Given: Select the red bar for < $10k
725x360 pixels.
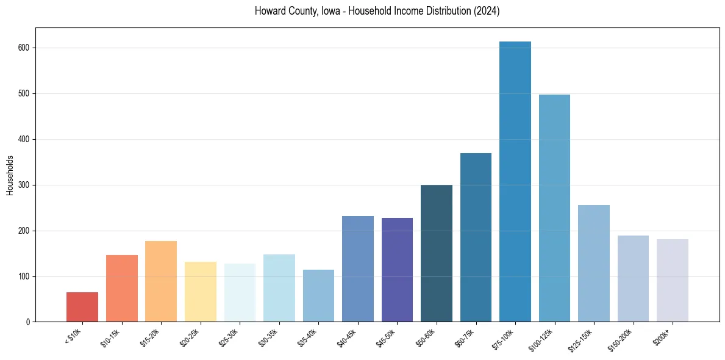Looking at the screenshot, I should (x=82, y=307).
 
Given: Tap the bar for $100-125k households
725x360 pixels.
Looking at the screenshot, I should (x=554, y=208).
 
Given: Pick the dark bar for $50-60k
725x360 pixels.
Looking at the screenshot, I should (x=437, y=253).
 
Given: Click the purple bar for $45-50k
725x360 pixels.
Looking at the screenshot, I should (x=397, y=270).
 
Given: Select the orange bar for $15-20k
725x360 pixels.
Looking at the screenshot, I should (x=161, y=281).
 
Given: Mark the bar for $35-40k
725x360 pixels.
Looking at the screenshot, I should (x=318, y=295).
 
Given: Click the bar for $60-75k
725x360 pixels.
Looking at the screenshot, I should (x=476, y=237).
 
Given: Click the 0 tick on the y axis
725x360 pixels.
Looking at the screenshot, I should (x=29, y=322).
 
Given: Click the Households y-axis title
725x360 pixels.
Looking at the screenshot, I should (x=10, y=175).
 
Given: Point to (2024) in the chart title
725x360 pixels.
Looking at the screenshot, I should (x=486, y=11).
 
